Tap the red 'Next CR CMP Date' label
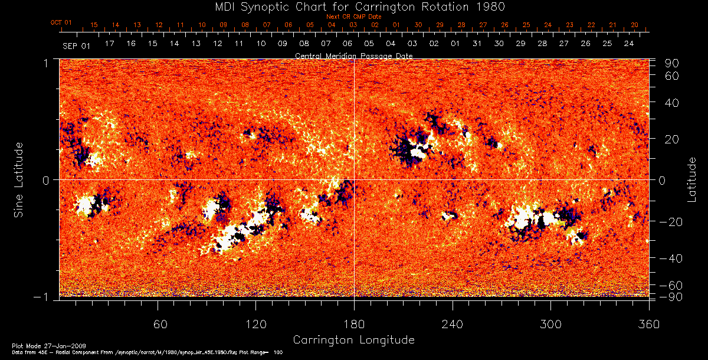pos(354,17)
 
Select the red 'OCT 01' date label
pos(61,22)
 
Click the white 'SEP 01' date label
pos(76,45)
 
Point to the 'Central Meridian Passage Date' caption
pos(353,55)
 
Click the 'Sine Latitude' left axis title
pos(19,179)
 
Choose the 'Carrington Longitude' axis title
pos(353,339)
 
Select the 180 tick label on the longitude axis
pos(354,325)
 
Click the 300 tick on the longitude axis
pos(550,325)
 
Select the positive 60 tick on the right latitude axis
pos(672,76)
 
